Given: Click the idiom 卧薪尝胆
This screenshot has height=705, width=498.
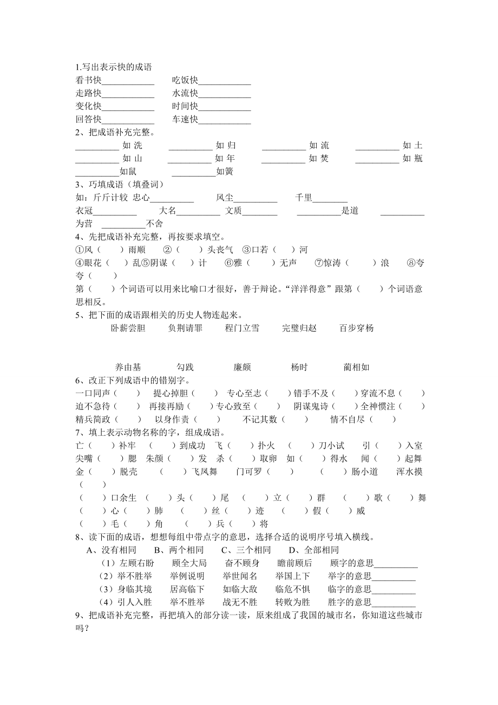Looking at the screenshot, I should [128, 328].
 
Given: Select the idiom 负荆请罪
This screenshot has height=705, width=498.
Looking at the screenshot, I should [185, 328].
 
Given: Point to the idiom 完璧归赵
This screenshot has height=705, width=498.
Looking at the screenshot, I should [299, 328].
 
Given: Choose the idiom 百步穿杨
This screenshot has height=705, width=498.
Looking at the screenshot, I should [356, 328].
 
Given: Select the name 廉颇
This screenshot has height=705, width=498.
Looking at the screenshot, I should [242, 367].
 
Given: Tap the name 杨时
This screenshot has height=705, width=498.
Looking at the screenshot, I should [299, 367].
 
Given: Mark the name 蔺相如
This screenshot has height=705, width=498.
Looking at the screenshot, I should [356, 367].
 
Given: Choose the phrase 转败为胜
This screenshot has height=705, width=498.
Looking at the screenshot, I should [292, 602].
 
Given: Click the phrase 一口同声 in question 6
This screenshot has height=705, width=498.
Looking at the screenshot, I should [93, 393].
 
